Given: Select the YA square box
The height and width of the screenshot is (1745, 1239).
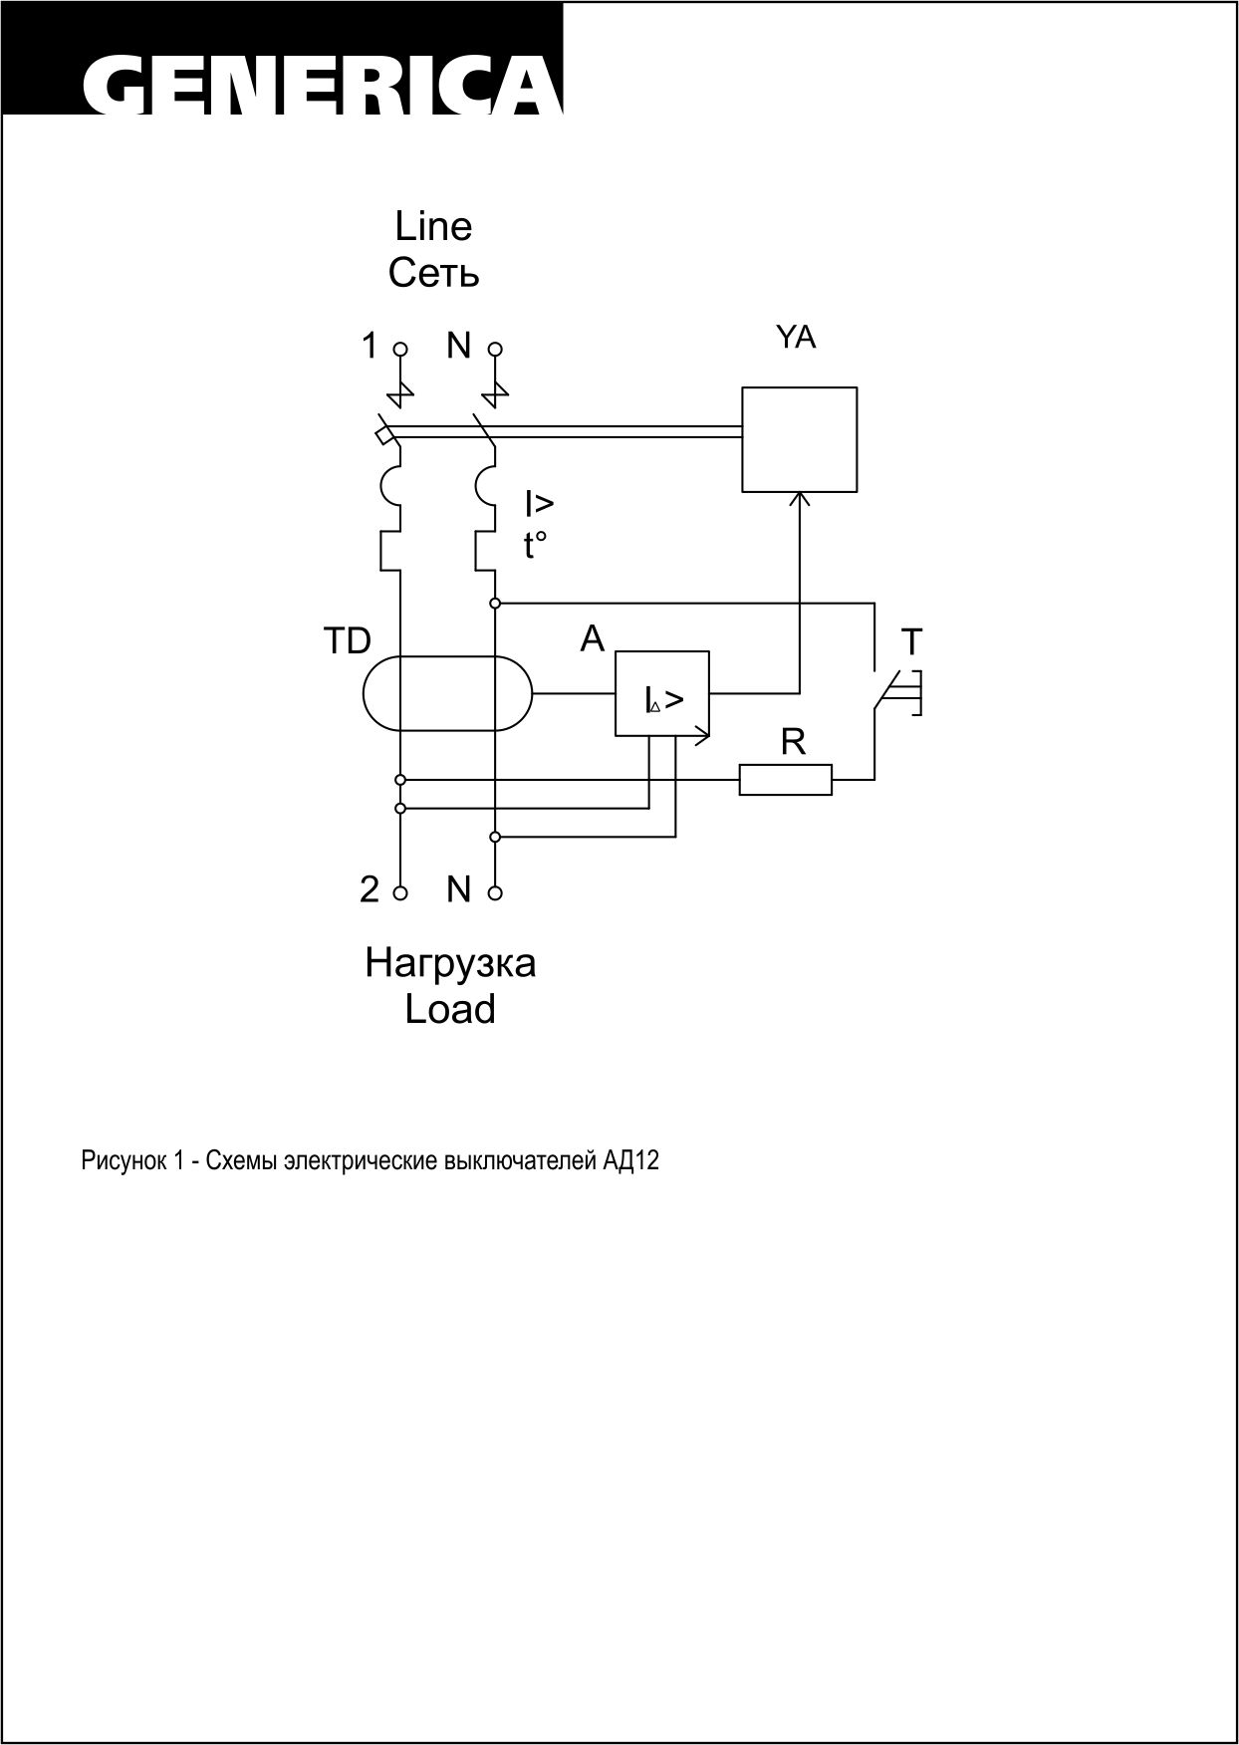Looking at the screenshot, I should (x=799, y=439).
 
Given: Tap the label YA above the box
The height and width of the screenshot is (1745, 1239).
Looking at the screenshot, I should (x=795, y=339).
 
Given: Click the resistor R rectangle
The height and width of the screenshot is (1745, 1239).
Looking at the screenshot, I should (x=785, y=780).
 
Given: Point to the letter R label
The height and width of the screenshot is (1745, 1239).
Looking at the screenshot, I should (x=793, y=742).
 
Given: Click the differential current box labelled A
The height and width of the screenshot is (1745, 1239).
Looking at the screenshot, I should (x=662, y=694).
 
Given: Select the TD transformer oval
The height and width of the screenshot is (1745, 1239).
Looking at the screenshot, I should (x=447, y=693).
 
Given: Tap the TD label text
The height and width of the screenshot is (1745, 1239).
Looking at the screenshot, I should (x=347, y=642).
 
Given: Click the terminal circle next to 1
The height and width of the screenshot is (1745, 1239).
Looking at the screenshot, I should (x=400, y=350).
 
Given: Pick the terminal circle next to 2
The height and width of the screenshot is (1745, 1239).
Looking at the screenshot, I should (x=400, y=893).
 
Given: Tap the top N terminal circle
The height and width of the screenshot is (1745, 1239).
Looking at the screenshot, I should (x=495, y=350).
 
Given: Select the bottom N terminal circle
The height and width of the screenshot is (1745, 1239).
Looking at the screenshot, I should (x=495, y=893).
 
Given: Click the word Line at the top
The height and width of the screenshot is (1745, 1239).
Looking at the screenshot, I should (x=433, y=227).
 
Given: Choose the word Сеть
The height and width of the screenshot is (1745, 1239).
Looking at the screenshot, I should (x=434, y=273).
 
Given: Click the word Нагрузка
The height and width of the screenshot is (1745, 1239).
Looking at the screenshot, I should (x=450, y=963).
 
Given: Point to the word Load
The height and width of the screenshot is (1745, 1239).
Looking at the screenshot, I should (x=450, y=1009).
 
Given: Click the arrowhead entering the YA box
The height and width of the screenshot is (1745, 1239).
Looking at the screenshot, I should (x=799, y=498).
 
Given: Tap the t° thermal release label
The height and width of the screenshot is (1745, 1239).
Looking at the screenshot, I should (x=536, y=546).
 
